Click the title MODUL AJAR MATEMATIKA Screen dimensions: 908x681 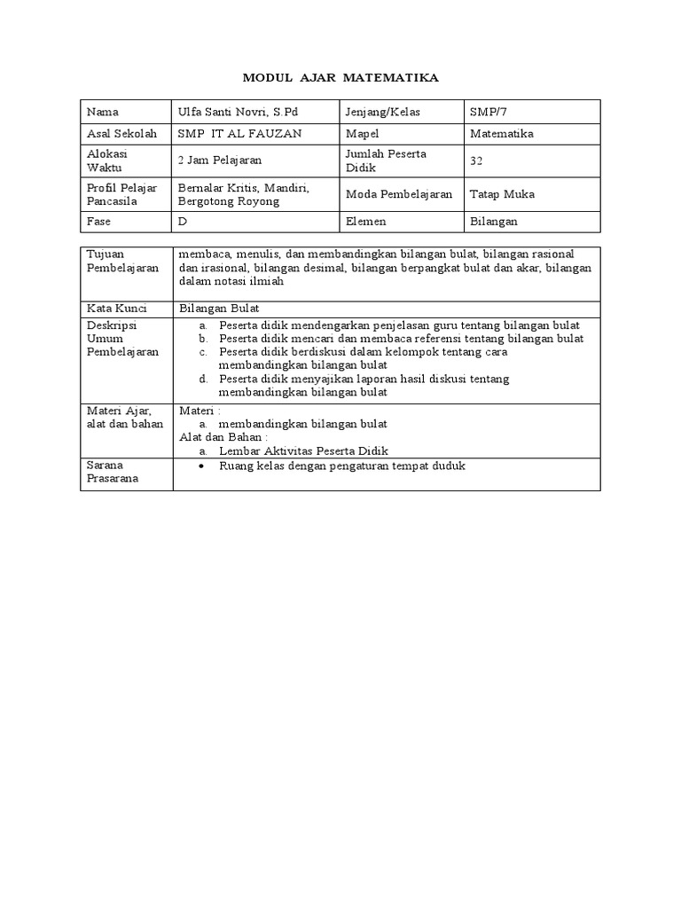[340, 79]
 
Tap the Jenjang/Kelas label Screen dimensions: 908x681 [382, 113]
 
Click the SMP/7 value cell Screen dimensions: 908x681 [489, 113]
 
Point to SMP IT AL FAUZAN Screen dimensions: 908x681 [239, 134]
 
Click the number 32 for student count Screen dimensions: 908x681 [477, 160]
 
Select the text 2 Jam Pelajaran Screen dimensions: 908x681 [219, 160]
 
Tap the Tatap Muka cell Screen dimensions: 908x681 [502, 194]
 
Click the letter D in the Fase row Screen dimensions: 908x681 [183, 221]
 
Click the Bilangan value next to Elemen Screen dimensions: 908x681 [494, 221]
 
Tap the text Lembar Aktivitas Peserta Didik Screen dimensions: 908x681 [303, 450]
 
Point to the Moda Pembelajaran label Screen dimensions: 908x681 [399, 194]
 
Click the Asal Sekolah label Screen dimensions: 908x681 [121, 134]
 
